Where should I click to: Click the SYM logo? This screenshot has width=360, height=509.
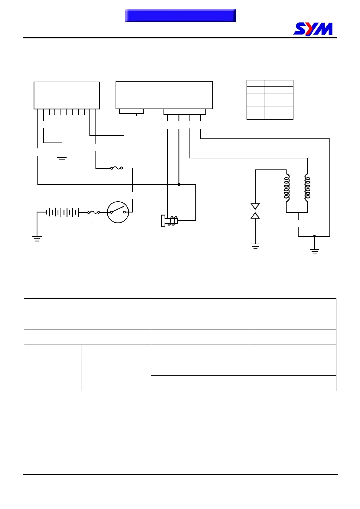point(313,29)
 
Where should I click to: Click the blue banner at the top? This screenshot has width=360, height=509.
point(180,15)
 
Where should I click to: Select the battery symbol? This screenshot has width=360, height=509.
point(62,212)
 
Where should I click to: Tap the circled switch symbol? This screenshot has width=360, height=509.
point(118,212)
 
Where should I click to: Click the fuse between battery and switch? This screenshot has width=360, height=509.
point(94,212)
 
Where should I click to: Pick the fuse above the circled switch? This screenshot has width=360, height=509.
point(116,168)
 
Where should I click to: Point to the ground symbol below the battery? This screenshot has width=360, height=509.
point(37,239)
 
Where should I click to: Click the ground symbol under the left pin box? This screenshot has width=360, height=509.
point(62,160)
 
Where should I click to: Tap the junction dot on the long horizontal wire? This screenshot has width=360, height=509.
point(179,184)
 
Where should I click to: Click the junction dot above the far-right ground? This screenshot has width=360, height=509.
point(315,236)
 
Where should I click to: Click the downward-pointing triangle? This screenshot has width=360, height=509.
point(255,206)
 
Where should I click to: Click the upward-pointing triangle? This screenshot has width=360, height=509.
point(255,215)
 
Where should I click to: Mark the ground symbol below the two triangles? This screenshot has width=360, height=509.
point(255,246)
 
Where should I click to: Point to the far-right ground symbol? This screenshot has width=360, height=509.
point(315,251)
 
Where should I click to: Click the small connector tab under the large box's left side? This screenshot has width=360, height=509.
point(132,112)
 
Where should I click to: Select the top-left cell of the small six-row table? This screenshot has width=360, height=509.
point(255,83)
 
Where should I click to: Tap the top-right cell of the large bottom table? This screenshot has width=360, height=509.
point(293,306)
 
